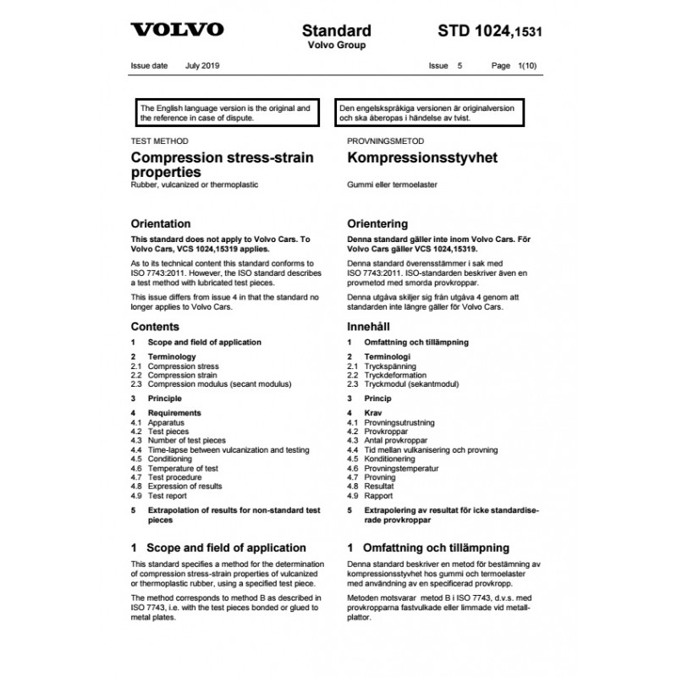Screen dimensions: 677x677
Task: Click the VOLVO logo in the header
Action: click(x=177, y=30)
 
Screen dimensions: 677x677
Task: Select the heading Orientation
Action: click(x=161, y=224)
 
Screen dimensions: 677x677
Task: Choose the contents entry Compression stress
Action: click(x=183, y=366)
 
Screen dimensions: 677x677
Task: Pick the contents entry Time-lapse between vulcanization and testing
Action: click(x=228, y=450)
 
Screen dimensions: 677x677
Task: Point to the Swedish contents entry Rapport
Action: click(x=381, y=496)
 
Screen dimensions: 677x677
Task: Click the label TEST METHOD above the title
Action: click(x=160, y=141)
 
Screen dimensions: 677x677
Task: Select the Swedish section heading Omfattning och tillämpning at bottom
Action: click(x=436, y=548)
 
